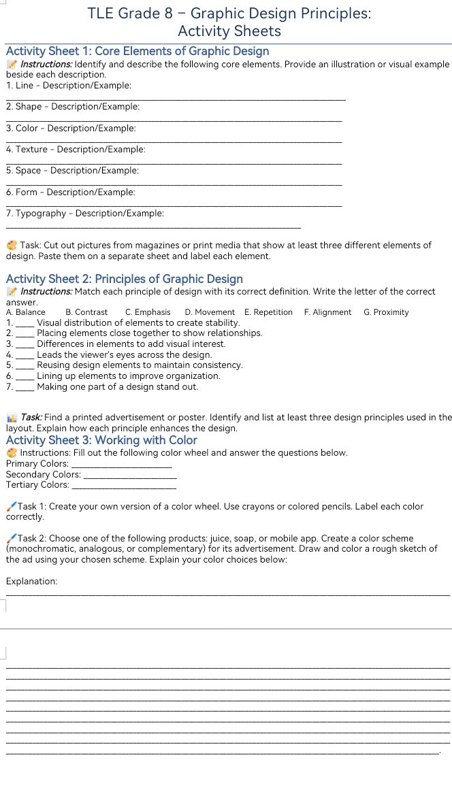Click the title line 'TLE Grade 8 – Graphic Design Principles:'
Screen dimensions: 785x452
tap(229, 13)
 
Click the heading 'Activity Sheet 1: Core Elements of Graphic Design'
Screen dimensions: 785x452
tap(138, 51)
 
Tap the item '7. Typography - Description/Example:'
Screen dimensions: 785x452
tap(84, 213)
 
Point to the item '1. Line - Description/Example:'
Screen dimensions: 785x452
tap(68, 85)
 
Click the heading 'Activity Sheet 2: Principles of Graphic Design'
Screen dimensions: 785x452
tap(124, 278)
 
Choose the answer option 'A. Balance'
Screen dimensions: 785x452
tap(25, 312)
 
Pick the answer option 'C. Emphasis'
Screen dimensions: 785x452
tap(148, 312)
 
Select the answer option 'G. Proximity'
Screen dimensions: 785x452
tap(386, 312)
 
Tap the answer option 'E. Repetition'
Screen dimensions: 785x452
tap(268, 312)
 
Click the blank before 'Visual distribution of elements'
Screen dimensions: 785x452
tap(25, 323)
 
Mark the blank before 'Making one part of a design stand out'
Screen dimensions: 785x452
tap(25, 387)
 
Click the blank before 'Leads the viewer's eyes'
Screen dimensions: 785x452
tap(25, 355)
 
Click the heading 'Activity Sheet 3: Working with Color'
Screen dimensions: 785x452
tap(101, 440)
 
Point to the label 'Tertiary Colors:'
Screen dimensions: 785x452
tap(37, 484)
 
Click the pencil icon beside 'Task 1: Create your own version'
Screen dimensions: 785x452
tap(11, 506)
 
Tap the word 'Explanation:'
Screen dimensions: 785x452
tap(31, 581)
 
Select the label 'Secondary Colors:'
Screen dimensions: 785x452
tap(43, 474)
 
